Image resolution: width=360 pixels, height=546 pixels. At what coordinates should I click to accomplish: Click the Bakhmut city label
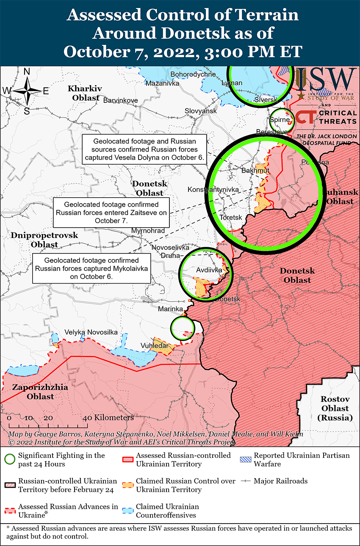(x=255, y=171)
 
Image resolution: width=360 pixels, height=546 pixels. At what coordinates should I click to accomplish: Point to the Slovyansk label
(x=201, y=111)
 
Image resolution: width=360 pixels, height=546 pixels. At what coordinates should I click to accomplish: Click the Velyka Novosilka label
(x=91, y=332)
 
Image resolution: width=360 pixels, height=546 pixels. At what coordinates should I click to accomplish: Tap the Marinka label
(x=170, y=309)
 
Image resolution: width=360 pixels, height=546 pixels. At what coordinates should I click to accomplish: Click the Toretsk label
(x=231, y=217)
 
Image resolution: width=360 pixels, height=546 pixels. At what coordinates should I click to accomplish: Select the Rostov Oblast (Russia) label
(x=335, y=408)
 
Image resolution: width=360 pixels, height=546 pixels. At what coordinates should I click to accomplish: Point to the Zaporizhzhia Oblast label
(x=33, y=392)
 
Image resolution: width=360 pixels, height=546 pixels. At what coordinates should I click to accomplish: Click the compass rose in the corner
(x=26, y=91)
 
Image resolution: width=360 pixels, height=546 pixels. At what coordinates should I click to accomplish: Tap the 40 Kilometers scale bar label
(x=109, y=418)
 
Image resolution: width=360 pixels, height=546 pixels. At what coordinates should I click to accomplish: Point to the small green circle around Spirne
(x=282, y=120)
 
